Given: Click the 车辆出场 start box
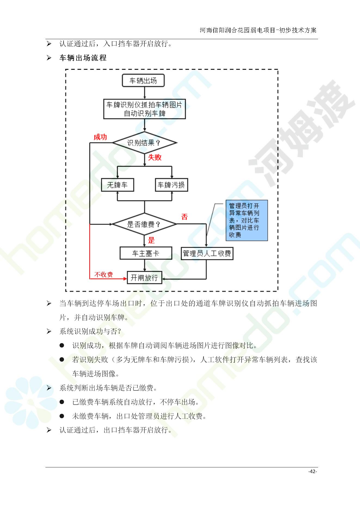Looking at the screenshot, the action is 143,80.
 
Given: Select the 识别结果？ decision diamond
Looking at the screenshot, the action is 144,142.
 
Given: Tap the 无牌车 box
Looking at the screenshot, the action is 118,185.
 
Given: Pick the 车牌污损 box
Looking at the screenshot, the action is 171,185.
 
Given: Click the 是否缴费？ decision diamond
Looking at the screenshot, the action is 144,224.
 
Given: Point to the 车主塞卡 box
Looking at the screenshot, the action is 146,253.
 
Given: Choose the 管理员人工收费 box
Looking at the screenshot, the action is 207,253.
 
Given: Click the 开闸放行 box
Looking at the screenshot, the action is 144,278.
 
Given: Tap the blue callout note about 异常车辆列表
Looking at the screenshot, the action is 247,220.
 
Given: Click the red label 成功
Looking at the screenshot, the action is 100,137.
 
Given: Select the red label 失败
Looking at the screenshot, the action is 155,157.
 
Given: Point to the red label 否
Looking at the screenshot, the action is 184,217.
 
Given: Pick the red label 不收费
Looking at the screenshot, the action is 103,275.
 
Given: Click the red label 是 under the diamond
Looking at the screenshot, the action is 151,240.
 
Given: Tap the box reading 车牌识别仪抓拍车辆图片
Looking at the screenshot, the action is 144,109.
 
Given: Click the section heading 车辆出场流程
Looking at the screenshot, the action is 83,58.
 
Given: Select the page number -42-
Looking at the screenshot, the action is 313,471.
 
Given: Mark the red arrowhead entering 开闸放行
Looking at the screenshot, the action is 125,279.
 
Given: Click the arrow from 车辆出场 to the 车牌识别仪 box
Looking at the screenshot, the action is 144,93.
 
